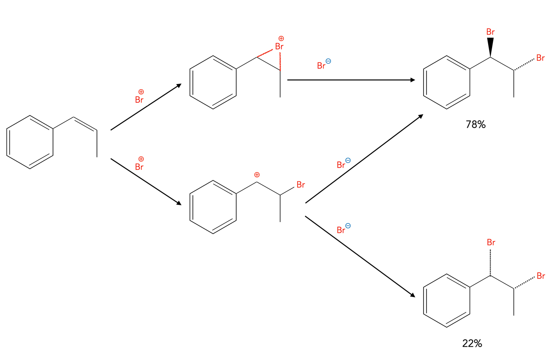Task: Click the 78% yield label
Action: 476,125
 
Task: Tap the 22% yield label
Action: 472,344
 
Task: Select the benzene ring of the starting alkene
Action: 30,142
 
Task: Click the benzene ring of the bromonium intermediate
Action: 213,82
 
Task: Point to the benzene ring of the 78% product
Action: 447,82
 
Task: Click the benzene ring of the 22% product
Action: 447,301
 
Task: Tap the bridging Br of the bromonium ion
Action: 279,46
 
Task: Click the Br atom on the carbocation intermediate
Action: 301,185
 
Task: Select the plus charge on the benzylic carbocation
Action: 257,175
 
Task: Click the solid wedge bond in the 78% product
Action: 490,47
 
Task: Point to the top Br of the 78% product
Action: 490,32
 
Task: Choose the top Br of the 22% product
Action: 490,243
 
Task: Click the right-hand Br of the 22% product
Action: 541,276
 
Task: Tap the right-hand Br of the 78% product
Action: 541,58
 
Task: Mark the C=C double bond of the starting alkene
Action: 85,124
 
